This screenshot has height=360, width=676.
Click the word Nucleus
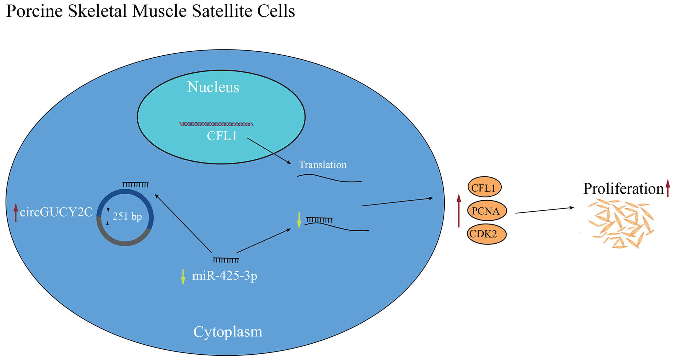(213, 87)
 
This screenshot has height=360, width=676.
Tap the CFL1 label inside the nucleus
(222, 136)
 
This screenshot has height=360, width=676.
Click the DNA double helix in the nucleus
(217, 124)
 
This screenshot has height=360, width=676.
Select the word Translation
(323, 165)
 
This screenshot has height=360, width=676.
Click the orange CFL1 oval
(485, 187)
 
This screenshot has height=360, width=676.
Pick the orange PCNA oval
(487, 210)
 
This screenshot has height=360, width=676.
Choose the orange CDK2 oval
(487, 234)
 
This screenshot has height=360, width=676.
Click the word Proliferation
(623, 189)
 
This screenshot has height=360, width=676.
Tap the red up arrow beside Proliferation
(668, 188)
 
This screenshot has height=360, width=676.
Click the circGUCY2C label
(56, 212)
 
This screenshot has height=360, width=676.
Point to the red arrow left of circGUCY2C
(16, 212)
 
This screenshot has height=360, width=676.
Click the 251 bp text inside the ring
(127, 216)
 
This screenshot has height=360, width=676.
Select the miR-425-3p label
(225, 276)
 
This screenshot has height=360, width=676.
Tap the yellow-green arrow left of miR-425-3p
(183, 277)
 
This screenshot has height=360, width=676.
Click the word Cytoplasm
(228, 332)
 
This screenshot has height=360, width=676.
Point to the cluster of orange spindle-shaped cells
(621, 224)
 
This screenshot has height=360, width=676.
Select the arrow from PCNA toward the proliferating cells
(545, 210)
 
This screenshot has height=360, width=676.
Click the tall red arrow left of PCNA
(459, 210)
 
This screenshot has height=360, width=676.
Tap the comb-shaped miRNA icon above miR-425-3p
(226, 260)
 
